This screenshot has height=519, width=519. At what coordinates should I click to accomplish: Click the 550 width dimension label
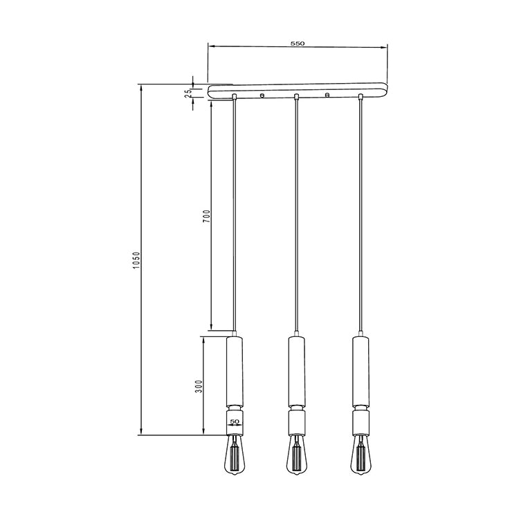(x=298, y=44)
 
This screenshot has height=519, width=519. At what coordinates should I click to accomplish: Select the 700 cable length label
(x=206, y=216)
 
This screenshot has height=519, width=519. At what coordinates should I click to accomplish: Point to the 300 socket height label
(x=199, y=386)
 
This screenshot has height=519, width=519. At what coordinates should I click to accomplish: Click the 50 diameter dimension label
(x=235, y=421)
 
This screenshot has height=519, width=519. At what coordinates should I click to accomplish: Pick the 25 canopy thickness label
(x=188, y=93)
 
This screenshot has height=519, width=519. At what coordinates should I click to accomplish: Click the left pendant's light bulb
(x=235, y=456)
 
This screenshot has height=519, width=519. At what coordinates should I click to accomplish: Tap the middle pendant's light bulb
(x=297, y=456)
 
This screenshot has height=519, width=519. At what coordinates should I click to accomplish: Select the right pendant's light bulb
(x=361, y=456)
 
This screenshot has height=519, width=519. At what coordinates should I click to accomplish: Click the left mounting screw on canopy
(x=262, y=95)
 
